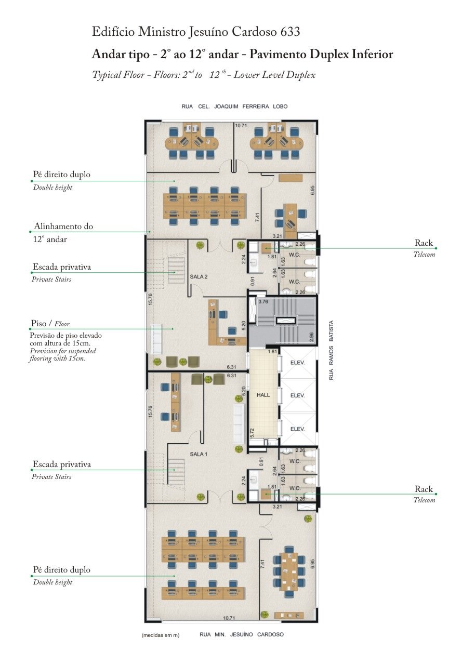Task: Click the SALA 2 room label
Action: (x=199, y=277)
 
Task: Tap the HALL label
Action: (x=263, y=395)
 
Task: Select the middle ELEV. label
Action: (x=297, y=395)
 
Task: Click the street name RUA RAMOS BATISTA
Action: (x=332, y=350)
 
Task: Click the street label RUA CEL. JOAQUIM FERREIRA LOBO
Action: (x=234, y=107)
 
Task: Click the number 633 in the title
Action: (x=290, y=32)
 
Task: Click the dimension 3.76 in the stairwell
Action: (x=263, y=302)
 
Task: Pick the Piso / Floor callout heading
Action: (x=50, y=323)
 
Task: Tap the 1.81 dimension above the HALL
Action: (x=272, y=352)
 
